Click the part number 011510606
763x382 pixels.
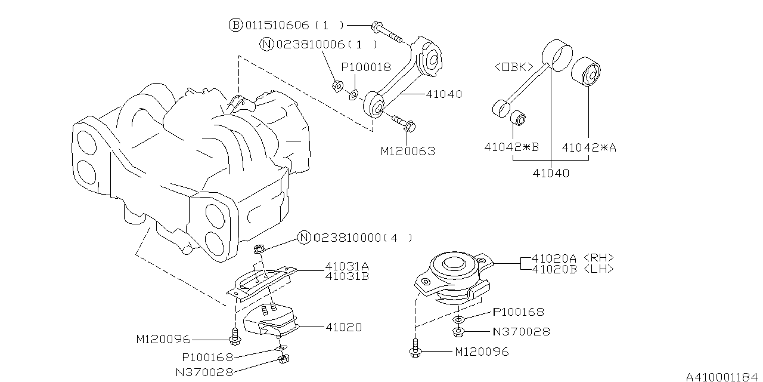[277, 25]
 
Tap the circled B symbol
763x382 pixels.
[235, 25]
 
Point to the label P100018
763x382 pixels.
[366, 67]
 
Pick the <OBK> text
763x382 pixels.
[514, 68]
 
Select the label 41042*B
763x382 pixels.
[511, 147]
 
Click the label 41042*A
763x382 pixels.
[589, 147]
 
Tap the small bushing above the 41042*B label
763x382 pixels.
[519, 118]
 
